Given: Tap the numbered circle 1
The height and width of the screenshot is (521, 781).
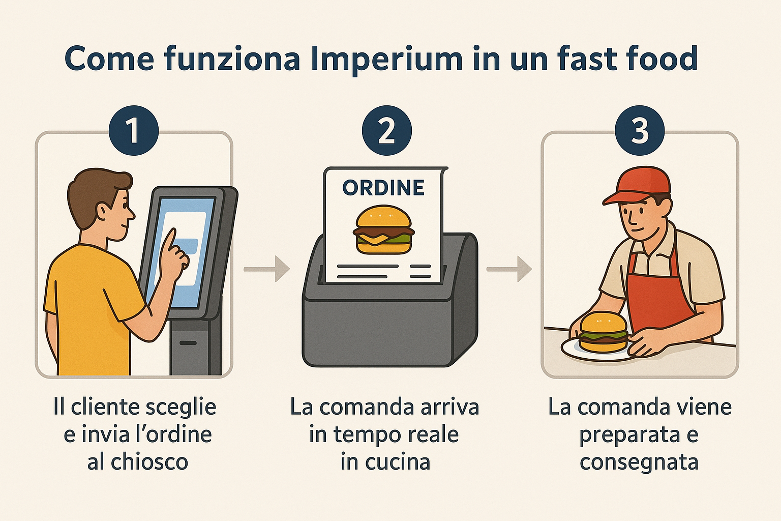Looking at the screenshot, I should click(x=133, y=130).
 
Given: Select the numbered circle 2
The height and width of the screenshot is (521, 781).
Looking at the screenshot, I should click(x=386, y=130).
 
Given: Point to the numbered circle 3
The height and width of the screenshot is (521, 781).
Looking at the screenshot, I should click(x=640, y=130).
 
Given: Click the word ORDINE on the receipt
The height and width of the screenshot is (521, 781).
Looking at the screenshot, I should click(x=383, y=188).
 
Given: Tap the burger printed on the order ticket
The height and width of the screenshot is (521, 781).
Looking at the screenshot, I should click(x=383, y=229).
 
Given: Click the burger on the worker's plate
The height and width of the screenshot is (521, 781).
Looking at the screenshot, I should click(x=603, y=332).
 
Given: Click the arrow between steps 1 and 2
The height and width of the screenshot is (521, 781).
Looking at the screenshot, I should click(x=266, y=269).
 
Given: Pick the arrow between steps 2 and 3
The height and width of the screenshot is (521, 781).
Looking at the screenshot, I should click(x=509, y=269).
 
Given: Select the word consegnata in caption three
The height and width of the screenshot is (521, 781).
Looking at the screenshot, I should click(x=639, y=462).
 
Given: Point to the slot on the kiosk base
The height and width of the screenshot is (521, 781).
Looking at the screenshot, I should click(x=188, y=343).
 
